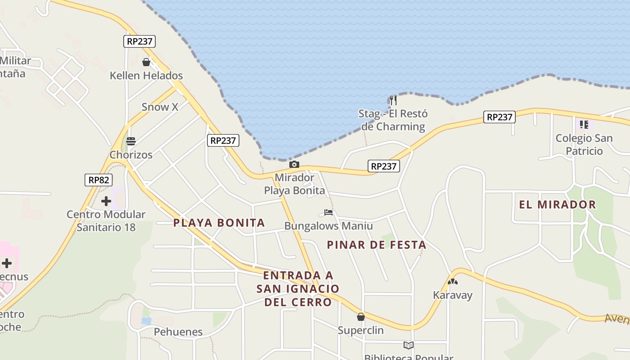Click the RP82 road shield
[99, 180]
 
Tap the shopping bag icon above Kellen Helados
[146, 62]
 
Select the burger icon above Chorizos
[131, 141]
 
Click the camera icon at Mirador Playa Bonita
[294, 165]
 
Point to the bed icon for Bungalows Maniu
[328, 212]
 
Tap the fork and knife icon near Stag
[393, 100]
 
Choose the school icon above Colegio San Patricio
[584, 124]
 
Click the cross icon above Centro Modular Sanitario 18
[106, 201]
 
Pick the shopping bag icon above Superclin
[360, 317]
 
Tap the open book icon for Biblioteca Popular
[408, 346]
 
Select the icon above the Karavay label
[452, 282]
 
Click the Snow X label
[160, 107]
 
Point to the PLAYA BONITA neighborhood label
[219, 223]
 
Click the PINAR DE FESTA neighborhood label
[377, 245]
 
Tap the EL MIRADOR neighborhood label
[558, 205]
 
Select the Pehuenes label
[178, 332]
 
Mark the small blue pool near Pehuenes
[146, 321]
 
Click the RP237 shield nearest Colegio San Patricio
[499, 117]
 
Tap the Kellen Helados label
[146, 76]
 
